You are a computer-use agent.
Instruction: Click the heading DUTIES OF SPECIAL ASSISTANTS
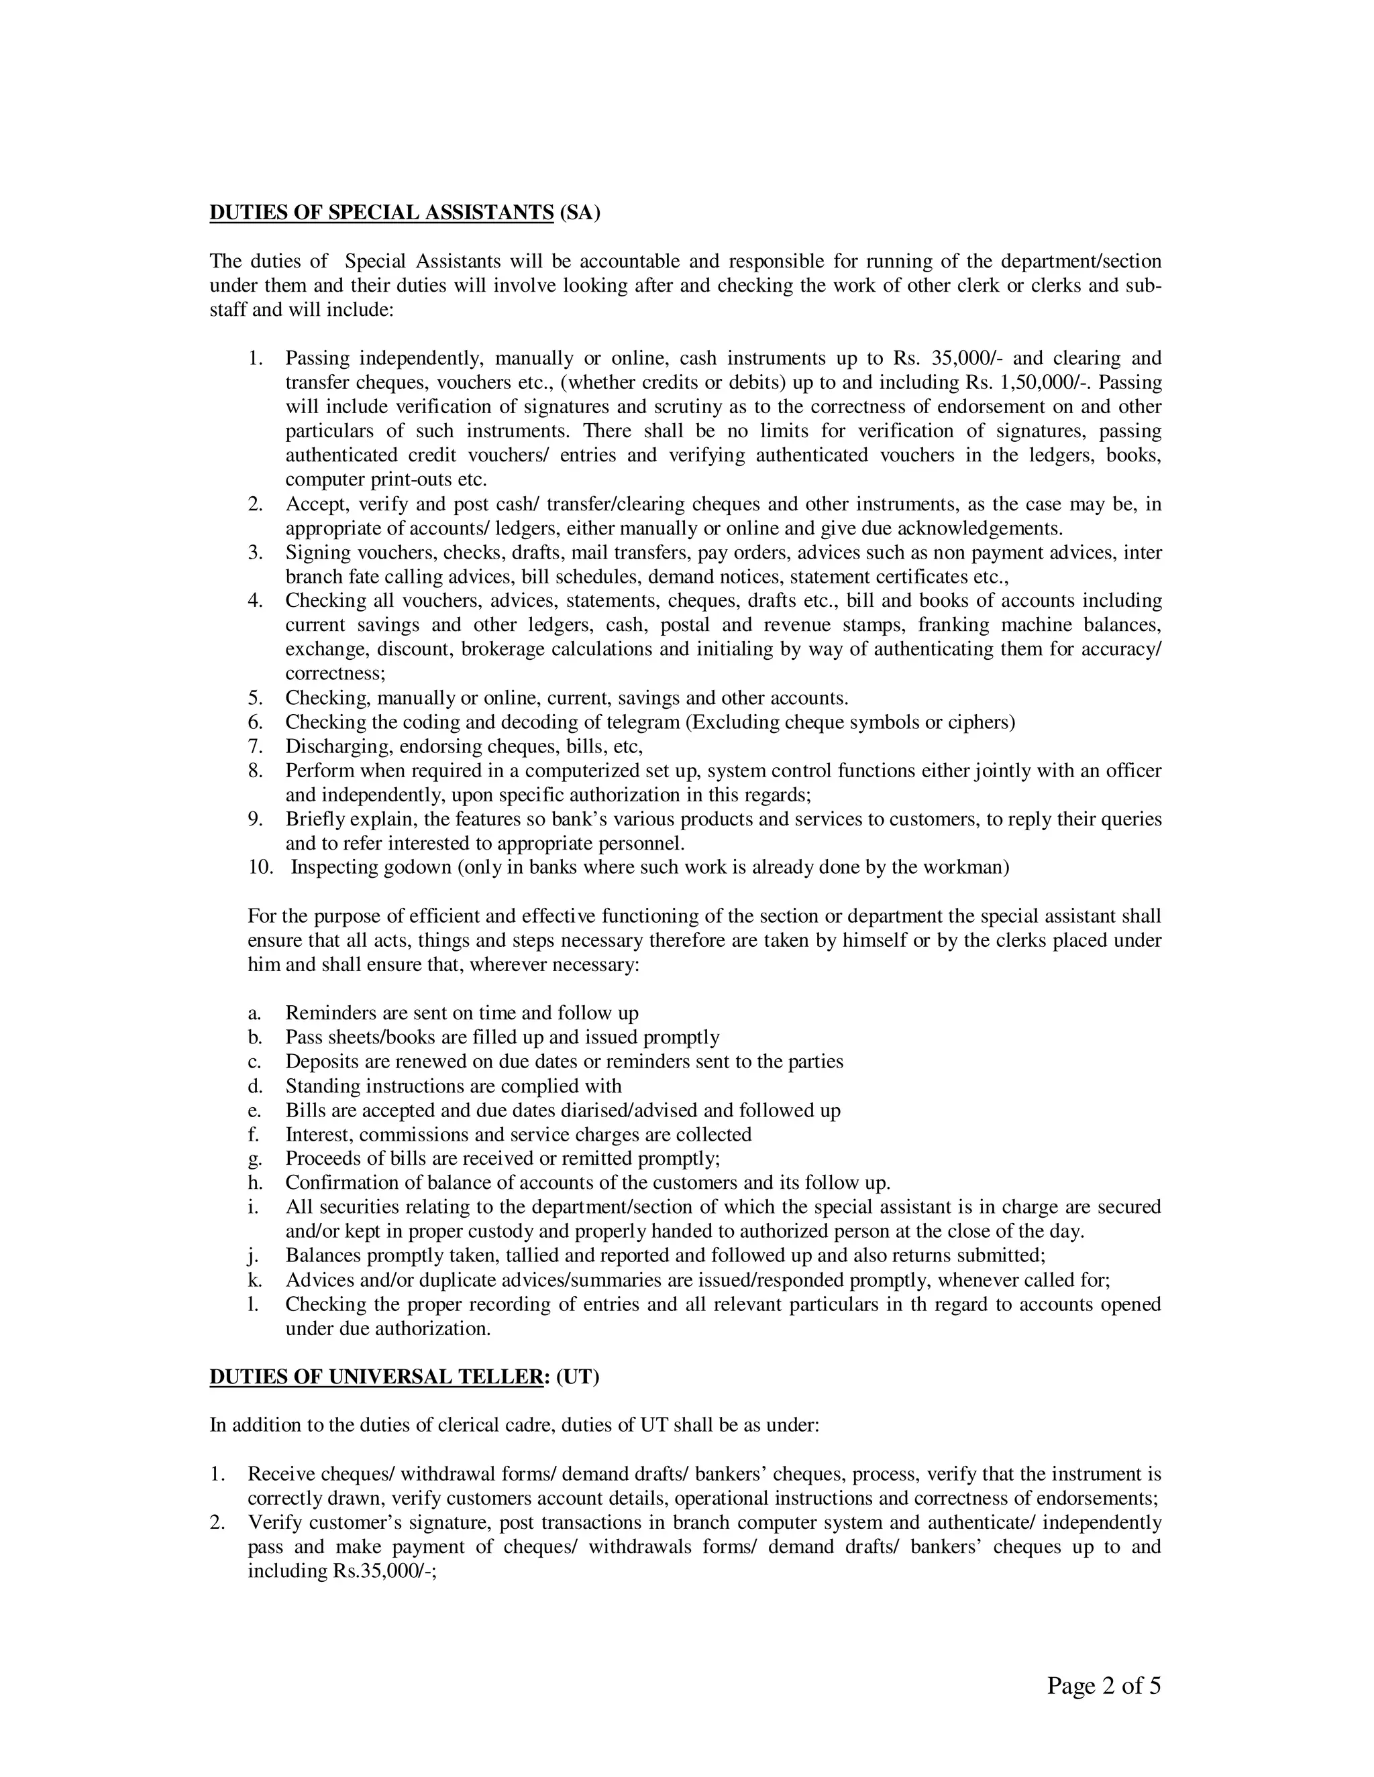click(381, 213)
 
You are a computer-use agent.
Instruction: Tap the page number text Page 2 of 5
click(1104, 1686)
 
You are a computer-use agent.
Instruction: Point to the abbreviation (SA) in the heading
click(580, 213)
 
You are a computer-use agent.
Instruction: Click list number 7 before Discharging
click(256, 746)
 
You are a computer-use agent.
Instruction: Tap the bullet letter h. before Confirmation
click(255, 1183)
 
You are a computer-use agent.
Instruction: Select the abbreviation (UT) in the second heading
click(578, 1377)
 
